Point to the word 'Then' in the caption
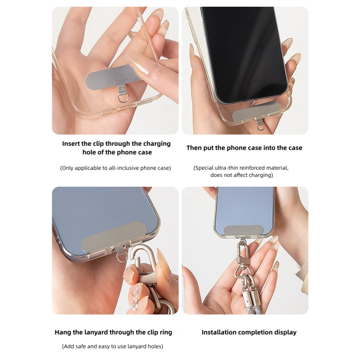[194, 148]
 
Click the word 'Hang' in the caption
[63, 333]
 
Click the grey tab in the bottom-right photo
[243, 230]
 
